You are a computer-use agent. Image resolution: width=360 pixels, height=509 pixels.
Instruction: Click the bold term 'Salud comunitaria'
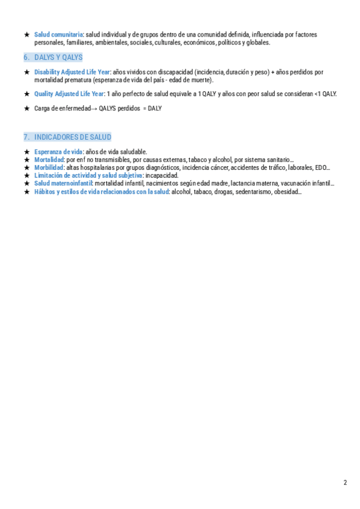click(59, 35)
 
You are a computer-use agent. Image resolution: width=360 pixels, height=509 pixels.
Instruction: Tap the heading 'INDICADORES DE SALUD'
click(73, 137)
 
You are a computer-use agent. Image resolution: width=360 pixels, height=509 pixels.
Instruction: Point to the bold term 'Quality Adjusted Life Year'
click(69, 94)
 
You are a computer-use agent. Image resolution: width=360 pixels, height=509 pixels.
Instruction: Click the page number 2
click(345, 483)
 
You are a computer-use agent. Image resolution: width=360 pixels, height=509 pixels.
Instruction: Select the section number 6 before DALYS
click(27, 57)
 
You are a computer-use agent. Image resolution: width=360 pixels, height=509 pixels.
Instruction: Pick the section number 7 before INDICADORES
click(27, 137)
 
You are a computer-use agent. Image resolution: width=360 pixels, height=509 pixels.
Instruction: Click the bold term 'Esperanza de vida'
click(58, 152)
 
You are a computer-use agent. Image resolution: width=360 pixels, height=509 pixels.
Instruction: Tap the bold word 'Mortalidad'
click(49, 160)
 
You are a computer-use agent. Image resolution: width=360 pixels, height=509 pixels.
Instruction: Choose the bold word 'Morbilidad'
click(49, 167)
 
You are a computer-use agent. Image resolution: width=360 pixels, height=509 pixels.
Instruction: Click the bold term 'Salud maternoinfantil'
click(63, 184)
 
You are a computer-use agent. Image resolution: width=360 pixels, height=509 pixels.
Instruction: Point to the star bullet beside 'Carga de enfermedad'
click(27, 109)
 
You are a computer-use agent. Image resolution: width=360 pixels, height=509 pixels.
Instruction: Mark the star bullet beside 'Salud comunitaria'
click(27, 35)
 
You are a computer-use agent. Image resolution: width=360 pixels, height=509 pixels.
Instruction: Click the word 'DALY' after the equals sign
click(155, 109)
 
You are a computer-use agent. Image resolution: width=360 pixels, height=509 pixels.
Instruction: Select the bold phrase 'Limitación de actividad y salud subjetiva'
click(88, 175)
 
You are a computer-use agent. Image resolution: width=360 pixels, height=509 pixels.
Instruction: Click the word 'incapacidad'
click(162, 175)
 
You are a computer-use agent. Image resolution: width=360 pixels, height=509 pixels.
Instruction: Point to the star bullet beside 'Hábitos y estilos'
click(27, 191)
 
